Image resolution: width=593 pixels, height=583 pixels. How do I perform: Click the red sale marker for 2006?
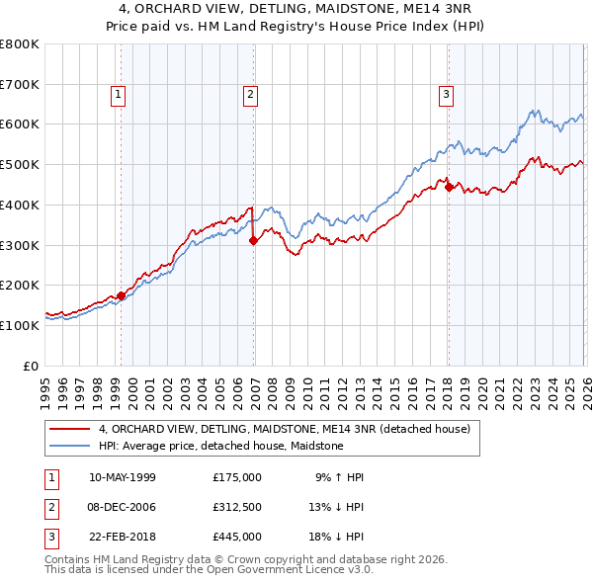click(253, 239)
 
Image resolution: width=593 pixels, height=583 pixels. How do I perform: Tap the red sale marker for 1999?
click(121, 295)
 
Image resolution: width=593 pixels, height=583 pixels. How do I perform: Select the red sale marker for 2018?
click(448, 186)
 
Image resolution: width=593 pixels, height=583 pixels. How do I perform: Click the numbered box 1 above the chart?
click(118, 95)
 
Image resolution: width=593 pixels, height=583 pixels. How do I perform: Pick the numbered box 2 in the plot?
click(250, 95)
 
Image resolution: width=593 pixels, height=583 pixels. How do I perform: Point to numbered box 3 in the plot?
click(446, 95)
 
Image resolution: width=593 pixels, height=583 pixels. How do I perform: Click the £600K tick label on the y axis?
click(19, 125)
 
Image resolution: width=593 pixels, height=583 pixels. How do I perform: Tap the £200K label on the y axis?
click(19, 286)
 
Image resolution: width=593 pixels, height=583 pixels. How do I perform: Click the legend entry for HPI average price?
click(220, 447)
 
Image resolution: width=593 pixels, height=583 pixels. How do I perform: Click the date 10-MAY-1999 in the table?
click(122, 477)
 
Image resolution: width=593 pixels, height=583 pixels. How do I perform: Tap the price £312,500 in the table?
click(237, 507)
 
